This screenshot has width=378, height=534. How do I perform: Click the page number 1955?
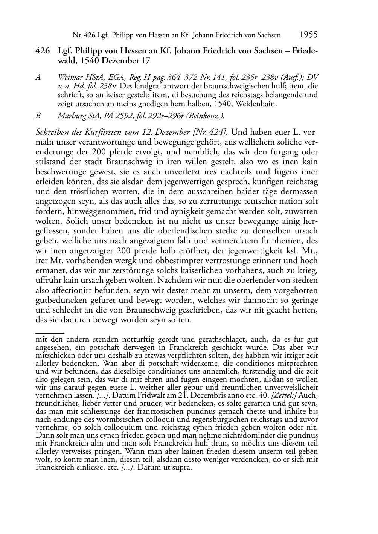click(308, 35)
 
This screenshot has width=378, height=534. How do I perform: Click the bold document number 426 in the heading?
click(42, 52)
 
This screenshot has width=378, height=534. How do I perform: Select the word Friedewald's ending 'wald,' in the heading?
click(67, 61)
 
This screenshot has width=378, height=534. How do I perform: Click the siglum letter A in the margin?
click(38, 77)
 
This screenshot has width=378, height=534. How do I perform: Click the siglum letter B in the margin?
click(38, 116)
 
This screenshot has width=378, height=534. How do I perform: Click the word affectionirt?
click(70, 290)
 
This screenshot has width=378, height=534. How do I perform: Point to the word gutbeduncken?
click(58, 300)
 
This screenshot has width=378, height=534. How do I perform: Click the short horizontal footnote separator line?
click(49, 333)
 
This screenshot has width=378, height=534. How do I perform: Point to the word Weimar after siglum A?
click(70, 77)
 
